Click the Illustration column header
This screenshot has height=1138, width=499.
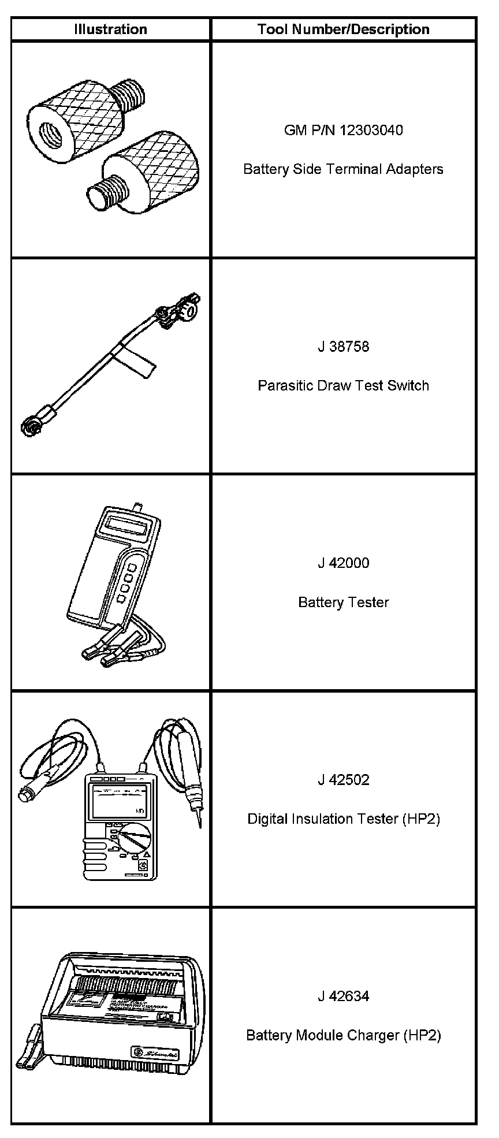tap(110, 29)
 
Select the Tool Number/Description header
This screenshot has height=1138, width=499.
tap(343, 29)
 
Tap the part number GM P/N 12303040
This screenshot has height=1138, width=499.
tap(343, 130)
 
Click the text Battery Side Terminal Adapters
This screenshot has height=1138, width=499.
tap(343, 169)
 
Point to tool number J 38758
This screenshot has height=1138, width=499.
tap(343, 347)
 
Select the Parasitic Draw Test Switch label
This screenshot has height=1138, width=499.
tap(343, 385)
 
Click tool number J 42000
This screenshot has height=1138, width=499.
tap(343, 563)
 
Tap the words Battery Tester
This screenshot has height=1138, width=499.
tap(343, 603)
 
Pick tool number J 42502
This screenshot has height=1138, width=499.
tap(343, 780)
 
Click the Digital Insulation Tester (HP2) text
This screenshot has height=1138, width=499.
tap(343, 819)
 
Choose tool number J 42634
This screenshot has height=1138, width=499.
tap(343, 996)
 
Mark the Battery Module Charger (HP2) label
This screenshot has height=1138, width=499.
tap(343, 1035)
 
